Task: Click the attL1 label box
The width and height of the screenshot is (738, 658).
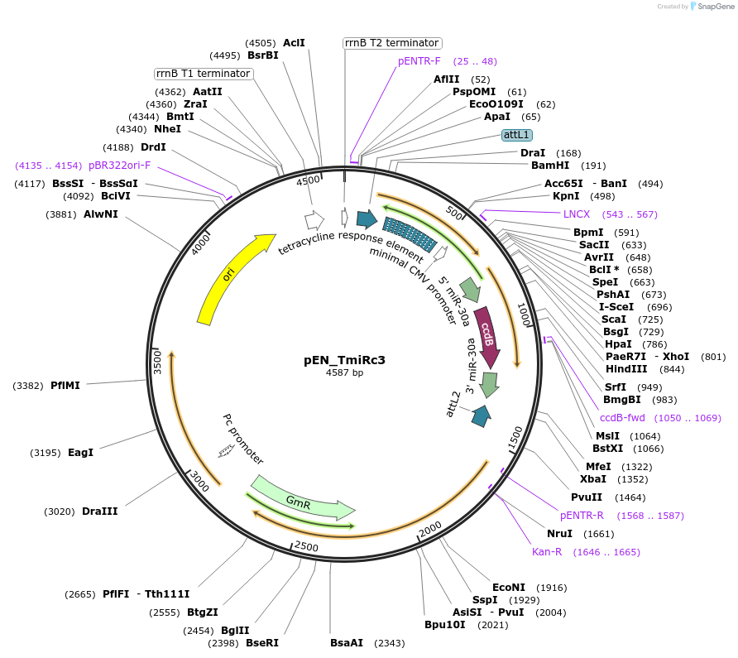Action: [518, 134]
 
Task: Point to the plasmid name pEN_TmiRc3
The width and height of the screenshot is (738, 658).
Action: [344, 360]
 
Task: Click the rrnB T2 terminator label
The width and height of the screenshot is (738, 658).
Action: [392, 43]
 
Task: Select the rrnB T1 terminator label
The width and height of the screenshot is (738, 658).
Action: [204, 74]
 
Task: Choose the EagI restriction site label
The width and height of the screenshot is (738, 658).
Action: [80, 452]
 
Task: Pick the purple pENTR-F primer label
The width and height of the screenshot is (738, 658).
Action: [419, 61]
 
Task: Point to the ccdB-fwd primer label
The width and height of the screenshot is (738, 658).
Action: [622, 418]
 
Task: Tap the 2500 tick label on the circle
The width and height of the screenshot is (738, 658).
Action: [306, 547]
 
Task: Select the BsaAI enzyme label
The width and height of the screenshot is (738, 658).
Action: [347, 642]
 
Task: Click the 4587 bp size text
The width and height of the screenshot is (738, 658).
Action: [344, 373]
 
